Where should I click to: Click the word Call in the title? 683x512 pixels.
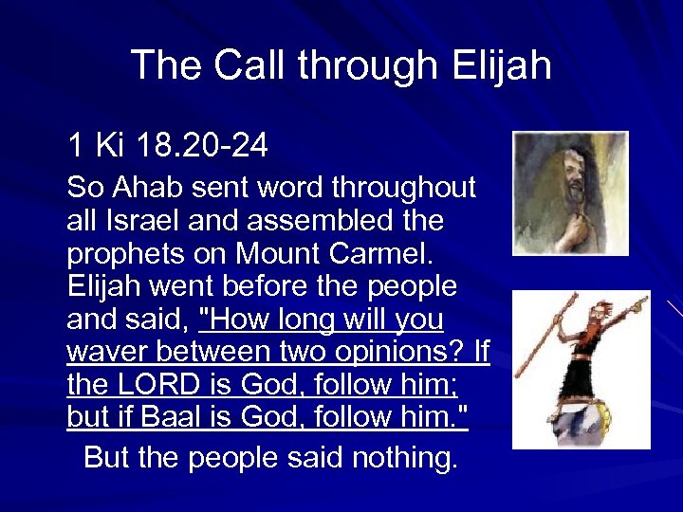click(x=250, y=65)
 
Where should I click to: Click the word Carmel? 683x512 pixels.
click(x=385, y=253)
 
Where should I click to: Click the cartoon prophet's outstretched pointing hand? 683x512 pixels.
click(x=637, y=306)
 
